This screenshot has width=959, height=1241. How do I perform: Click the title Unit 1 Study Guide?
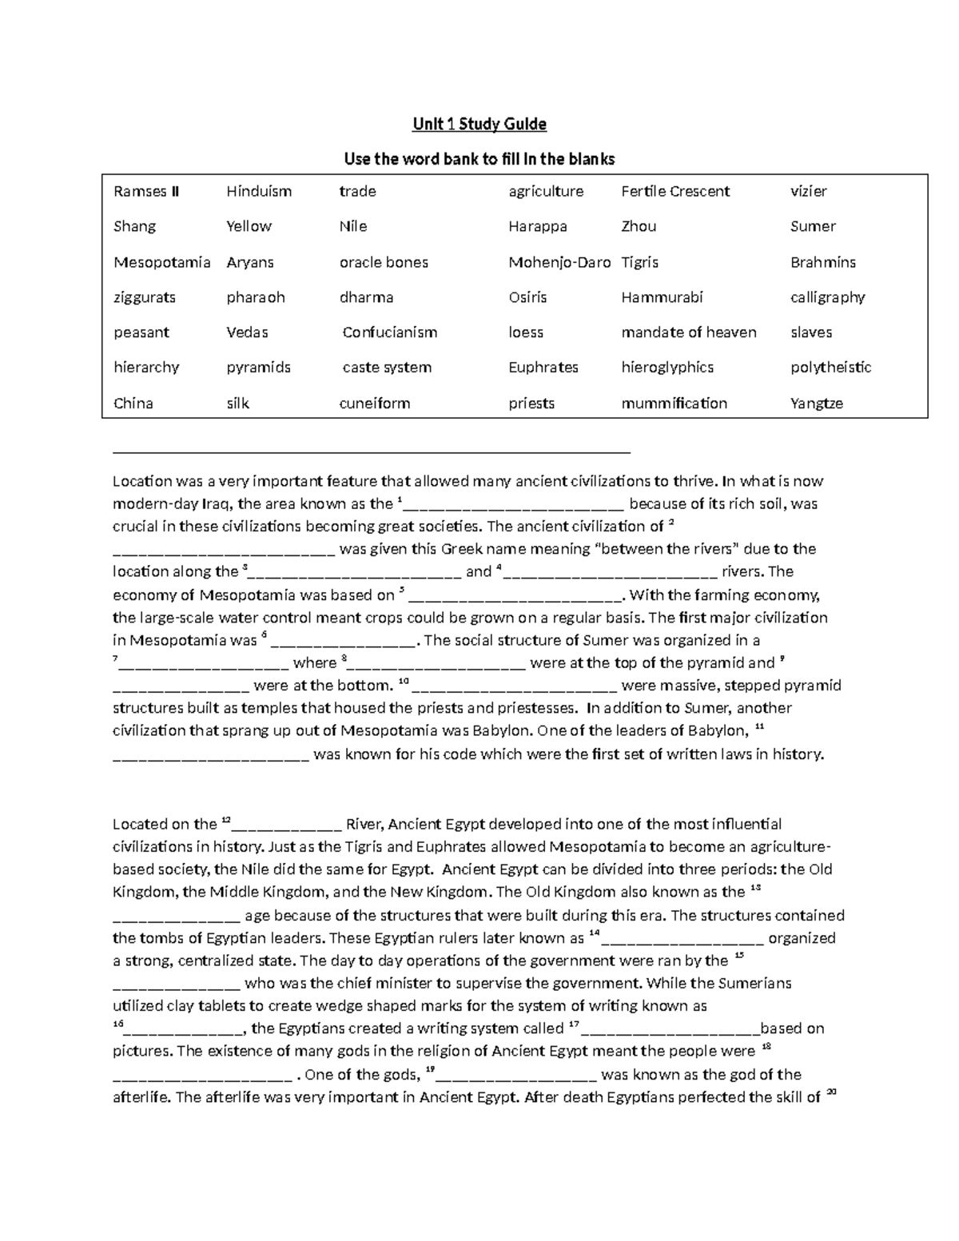click(x=479, y=124)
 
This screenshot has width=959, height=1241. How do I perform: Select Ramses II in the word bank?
click(x=146, y=192)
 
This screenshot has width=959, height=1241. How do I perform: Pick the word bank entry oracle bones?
click(x=384, y=262)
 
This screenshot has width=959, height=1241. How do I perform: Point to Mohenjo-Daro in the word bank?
click(x=559, y=262)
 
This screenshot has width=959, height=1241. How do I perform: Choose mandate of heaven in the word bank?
click(x=688, y=332)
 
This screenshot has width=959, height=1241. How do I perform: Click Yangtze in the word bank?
click(x=816, y=404)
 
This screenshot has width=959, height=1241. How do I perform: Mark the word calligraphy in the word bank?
click(x=827, y=297)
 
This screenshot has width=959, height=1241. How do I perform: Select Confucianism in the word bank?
click(x=389, y=332)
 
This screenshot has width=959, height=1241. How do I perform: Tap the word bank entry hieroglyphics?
click(x=667, y=368)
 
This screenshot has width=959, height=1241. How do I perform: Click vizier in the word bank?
click(x=808, y=192)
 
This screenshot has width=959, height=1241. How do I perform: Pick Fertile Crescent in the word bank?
click(x=675, y=192)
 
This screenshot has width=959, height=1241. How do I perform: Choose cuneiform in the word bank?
click(x=375, y=404)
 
